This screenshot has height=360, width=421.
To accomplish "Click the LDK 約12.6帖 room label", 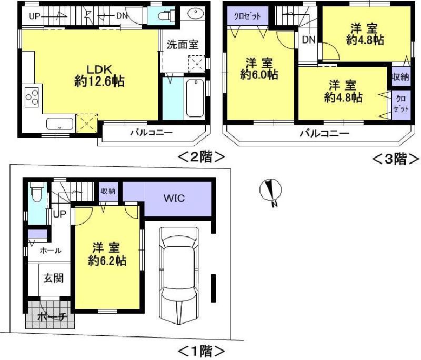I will [x=99, y=75].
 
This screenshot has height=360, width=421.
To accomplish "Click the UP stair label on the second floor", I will [x=35, y=16].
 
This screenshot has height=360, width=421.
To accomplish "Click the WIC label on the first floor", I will [x=174, y=198].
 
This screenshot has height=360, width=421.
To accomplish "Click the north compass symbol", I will [x=272, y=191].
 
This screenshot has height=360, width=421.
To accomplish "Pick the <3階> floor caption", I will [x=396, y=158].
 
